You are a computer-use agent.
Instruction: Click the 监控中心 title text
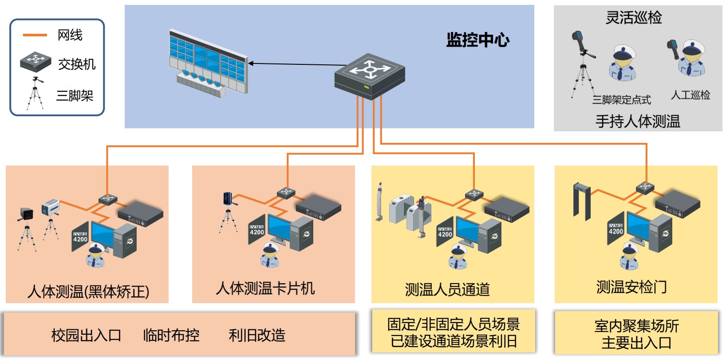tap(477, 40)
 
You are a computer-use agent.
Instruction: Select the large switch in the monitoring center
tap(370, 75)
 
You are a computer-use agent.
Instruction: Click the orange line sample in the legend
tap(35, 35)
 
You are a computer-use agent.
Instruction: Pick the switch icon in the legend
tap(36, 62)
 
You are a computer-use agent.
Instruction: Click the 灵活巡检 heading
tap(633, 18)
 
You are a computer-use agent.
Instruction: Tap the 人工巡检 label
tap(690, 95)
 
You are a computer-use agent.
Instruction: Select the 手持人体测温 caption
tap(638, 121)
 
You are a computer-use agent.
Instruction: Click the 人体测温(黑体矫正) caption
tap(88, 291)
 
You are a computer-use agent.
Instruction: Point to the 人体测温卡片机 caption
tap(265, 289)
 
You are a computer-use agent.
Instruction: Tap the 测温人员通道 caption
tap(447, 289)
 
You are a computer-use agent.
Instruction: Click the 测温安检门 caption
tap(631, 287)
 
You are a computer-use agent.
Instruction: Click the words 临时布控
tap(171, 335)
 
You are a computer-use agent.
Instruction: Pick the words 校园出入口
tap(86, 335)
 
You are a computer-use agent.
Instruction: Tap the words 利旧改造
tap(257, 335)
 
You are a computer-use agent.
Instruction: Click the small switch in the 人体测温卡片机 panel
tap(286, 193)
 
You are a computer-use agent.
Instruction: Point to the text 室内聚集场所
tap(637, 326)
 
